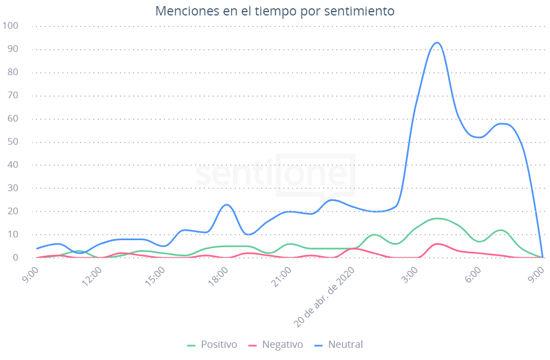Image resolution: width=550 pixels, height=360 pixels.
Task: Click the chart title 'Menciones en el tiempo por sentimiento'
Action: point(274,11)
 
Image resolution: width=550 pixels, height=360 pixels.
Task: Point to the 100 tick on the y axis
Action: point(10,26)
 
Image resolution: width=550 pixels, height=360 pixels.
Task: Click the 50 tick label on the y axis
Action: point(13,142)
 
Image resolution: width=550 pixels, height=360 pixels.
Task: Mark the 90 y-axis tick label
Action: point(13,49)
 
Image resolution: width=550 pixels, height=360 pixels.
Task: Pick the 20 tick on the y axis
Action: point(13,211)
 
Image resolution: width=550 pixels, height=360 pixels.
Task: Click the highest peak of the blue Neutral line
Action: point(437,43)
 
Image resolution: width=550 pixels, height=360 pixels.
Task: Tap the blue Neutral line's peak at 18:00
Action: point(227,205)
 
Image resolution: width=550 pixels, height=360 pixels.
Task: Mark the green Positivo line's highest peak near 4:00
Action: point(438,218)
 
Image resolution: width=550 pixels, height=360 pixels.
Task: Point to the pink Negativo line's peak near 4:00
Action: point(438,243)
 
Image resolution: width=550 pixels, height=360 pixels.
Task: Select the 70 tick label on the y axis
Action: point(13,96)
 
